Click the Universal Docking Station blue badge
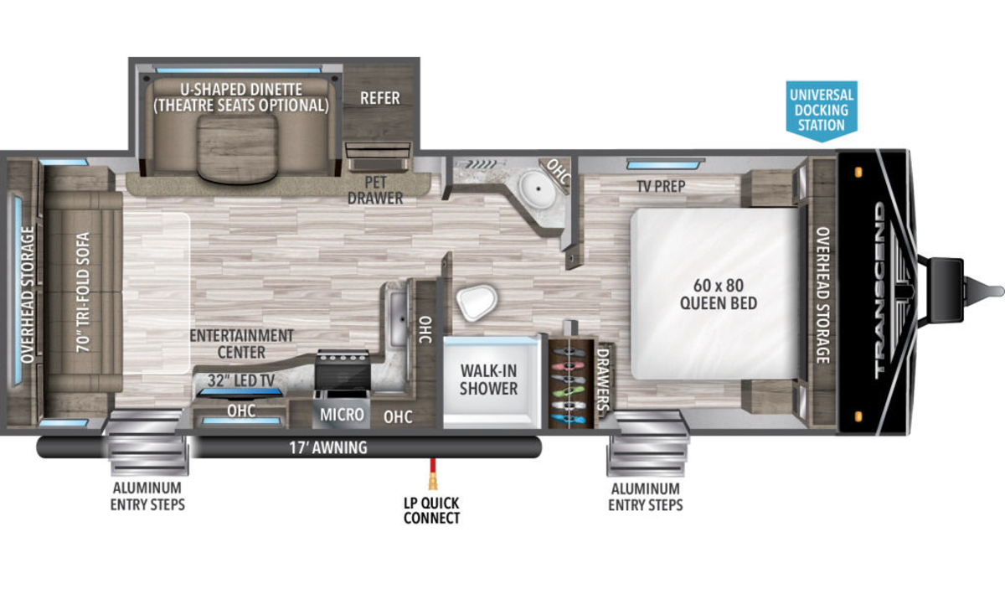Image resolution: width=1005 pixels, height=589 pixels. point(822,111)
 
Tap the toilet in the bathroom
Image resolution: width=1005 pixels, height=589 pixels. point(477,302)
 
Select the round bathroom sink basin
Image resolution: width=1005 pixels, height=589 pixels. point(538,189)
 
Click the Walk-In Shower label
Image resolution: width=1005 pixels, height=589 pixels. point(488,380)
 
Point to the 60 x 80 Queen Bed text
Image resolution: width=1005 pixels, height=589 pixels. point(719,294)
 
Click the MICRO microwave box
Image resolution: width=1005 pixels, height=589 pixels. point(342,415)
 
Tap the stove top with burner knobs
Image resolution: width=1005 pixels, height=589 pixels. point(343,369)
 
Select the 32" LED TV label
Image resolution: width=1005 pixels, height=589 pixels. point(241,380)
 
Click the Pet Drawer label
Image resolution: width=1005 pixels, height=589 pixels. point(375,190)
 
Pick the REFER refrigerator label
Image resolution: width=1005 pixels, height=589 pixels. point(380,98)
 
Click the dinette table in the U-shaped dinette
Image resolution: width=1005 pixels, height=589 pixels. point(236,149)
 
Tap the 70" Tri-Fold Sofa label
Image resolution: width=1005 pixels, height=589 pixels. point(84,292)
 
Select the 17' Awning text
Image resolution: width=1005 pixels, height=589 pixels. point(328,447)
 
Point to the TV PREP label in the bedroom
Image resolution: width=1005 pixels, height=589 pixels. point(661,186)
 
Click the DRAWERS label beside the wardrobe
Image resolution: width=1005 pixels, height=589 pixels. point(603,380)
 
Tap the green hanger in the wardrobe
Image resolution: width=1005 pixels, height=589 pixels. point(569,392)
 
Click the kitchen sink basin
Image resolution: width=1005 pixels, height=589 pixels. point(398,318)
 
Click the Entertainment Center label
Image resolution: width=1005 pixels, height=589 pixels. point(241,344)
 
